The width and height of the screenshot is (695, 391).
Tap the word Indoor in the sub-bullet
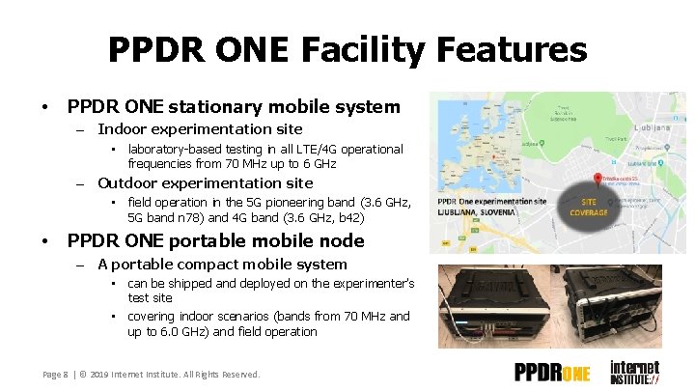(123, 129)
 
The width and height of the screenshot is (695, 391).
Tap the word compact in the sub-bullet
(212, 265)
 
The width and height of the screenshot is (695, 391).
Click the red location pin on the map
(598, 180)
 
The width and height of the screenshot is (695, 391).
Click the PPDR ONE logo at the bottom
(552, 373)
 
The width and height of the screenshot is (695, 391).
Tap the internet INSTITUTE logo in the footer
(634, 372)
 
